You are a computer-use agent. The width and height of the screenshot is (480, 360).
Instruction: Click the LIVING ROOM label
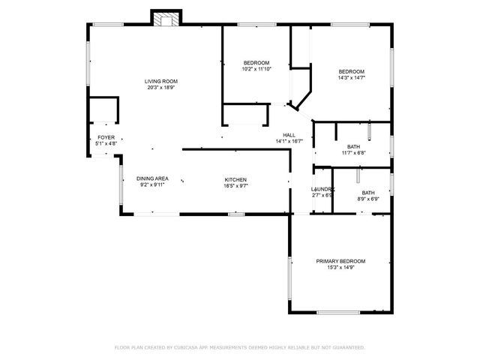coord(161,81)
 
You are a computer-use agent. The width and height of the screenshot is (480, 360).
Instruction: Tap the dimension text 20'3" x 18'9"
coord(161,87)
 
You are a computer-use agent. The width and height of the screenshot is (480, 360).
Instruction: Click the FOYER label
coord(106,137)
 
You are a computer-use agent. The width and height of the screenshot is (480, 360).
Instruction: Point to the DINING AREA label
coord(152,178)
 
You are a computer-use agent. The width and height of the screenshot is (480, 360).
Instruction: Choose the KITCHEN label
coord(235,178)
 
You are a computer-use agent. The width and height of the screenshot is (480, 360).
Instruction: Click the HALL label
coord(289,135)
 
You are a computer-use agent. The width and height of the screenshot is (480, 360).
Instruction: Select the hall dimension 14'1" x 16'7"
coord(289,141)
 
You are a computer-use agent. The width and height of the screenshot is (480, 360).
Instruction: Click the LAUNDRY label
coord(322,189)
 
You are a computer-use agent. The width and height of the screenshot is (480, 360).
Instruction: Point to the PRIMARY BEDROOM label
coord(340,261)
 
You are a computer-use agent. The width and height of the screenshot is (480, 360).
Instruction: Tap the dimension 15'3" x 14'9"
coord(340,267)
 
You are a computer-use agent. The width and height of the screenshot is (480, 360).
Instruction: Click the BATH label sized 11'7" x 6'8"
coord(353,146)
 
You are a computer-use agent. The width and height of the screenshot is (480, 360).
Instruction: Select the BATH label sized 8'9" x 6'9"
coord(368,193)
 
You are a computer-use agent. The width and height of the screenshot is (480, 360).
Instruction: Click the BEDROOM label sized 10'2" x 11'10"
coord(256,62)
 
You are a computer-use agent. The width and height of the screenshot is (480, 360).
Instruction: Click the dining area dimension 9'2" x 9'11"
coord(152,184)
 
